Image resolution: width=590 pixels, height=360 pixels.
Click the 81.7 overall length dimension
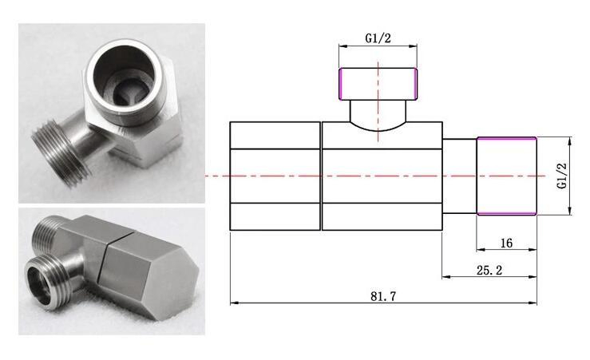pos(383,295)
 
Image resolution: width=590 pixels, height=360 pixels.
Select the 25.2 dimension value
pos(489,271)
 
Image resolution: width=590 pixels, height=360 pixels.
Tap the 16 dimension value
pos(506,243)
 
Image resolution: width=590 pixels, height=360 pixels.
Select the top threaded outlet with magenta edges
pos(378,84)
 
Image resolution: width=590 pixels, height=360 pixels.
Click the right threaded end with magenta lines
pos(506,176)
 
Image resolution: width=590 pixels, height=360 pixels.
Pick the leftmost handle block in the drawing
pos(275,176)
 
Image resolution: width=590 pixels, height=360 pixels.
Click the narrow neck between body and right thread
pos(459,176)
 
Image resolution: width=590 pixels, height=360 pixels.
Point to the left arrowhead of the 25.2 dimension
pos(445,277)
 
